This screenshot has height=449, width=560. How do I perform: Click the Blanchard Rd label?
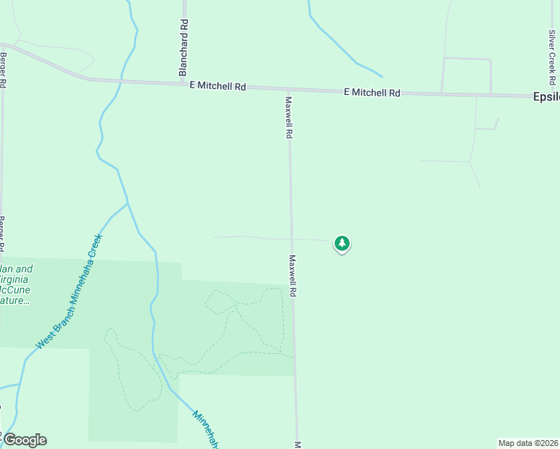tap(183, 47)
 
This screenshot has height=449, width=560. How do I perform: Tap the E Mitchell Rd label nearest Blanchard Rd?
tap(218, 86)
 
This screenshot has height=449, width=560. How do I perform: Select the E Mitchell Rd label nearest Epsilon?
tap(372, 93)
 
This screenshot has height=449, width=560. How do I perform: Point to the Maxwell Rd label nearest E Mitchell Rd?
tap(288, 117)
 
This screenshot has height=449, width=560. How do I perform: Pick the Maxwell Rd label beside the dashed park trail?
tap(293, 277)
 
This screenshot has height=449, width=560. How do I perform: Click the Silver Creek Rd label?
tap(552, 57)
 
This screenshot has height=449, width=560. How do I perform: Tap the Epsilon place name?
tap(545, 97)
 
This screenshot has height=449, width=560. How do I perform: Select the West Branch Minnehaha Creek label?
tap(70, 293)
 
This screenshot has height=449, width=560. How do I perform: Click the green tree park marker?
tap(342, 243)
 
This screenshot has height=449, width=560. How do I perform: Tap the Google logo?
tap(24, 439)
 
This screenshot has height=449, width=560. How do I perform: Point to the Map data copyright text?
tap(529, 443)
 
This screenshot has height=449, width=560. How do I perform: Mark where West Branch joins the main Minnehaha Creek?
tap(128, 203)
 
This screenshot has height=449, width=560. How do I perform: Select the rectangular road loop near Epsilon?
tap(466, 75)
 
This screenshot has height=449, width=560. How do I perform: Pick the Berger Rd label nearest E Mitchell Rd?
tap(3, 71)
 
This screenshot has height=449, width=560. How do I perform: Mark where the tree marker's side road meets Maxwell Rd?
tap(291, 239)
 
